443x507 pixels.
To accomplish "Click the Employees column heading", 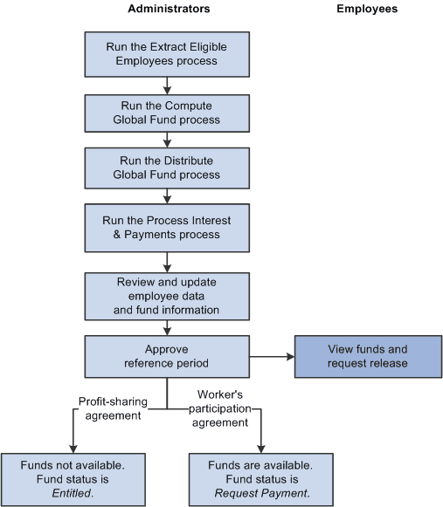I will [x=367, y=9].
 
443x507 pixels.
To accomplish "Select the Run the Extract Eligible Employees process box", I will [x=167, y=54].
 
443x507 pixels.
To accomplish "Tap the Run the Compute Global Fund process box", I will [x=167, y=113].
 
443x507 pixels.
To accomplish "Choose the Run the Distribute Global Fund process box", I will [x=167, y=167].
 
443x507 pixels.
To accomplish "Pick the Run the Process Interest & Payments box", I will [x=167, y=227].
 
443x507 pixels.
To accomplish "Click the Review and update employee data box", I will [x=167, y=296].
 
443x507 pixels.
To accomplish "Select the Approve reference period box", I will [x=167, y=356].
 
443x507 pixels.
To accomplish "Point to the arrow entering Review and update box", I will [x=167, y=262].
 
